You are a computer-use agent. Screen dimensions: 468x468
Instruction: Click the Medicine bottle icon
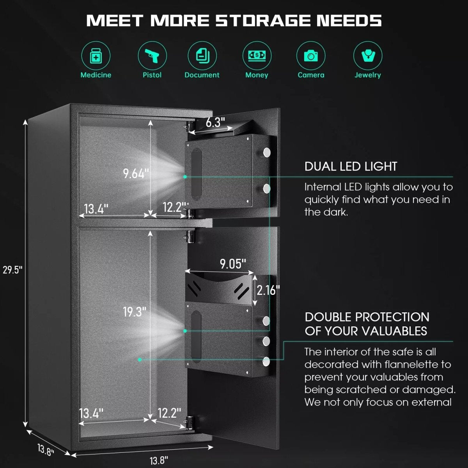[x=96, y=56]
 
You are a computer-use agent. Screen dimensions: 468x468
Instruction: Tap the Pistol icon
[x=152, y=56]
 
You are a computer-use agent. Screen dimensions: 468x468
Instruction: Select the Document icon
[x=202, y=56]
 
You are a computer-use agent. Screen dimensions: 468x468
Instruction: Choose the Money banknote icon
[x=257, y=56]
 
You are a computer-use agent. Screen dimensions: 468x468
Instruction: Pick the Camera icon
[x=311, y=56]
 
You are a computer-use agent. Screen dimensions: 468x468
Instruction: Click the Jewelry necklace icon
[x=368, y=56]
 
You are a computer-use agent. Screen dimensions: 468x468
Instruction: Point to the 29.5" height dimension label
[x=12, y=270]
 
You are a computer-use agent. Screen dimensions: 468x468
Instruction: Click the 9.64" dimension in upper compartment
[x=136, y=174]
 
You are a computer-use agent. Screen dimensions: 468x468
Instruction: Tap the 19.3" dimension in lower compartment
[x=135, y=312]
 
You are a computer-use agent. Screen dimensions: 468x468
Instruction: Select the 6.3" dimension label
[x=215, y=122]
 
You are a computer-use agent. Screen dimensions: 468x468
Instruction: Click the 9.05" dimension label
[x=233, y=264]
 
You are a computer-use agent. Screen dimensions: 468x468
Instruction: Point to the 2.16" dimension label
[x=268, y=290]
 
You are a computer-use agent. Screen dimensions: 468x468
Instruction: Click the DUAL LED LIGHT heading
[x=351, y=167]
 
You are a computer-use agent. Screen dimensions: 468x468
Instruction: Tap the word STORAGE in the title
[x=263, y=20]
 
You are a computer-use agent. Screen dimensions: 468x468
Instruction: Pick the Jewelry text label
[x=368, y=75]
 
